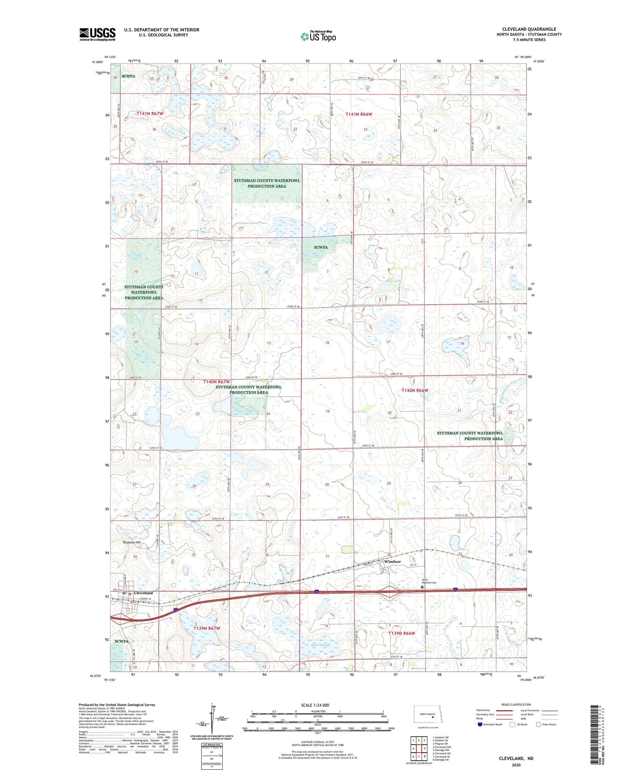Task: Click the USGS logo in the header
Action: tap(97, 34)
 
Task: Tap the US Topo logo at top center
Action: tap(318, 37)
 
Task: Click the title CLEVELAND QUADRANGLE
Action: tap(529, 29)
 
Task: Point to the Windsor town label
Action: tap(392, 561)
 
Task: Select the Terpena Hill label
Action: tap(132, 542)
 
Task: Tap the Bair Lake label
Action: tap(393, 281)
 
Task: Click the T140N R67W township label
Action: tap(216, 382)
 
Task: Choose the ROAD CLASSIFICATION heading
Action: tap(516, 704)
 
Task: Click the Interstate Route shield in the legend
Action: tap(480, 724)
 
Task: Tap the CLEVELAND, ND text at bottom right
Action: tap(516, 758)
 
